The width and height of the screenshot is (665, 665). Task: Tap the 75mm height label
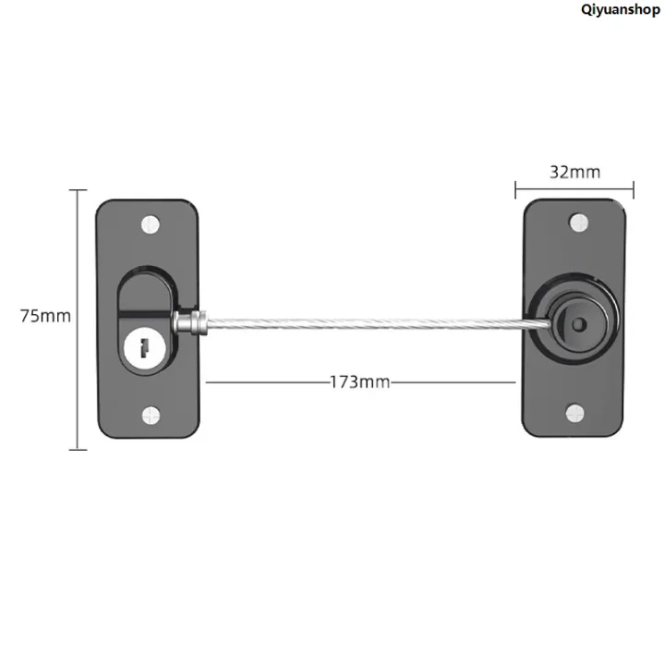point(45,316)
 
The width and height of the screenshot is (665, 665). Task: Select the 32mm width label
point(574,172)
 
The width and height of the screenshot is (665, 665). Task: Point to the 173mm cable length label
point(360,381)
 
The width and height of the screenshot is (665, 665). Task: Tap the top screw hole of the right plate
point(577,222)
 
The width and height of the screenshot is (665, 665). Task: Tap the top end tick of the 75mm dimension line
point(79,190)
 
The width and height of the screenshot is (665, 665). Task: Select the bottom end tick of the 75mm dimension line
point(79,450)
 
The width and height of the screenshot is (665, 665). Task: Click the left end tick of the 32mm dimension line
point(515,189)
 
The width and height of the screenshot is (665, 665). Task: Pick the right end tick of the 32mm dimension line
point(634,189)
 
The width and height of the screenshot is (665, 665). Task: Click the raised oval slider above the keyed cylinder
point(145,291)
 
